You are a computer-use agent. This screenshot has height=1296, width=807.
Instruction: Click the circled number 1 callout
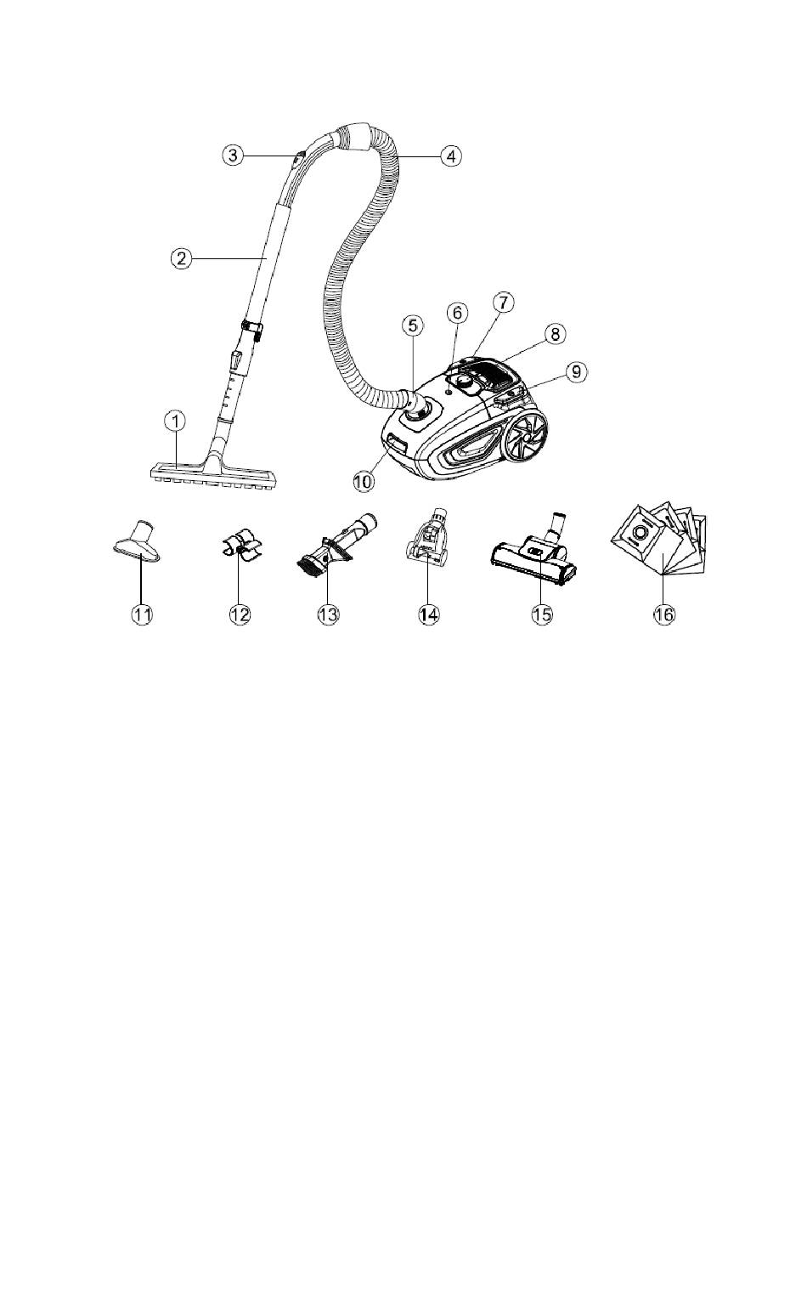click(x=174, y=422)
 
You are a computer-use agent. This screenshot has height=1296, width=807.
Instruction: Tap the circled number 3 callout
click(x=233, y=155)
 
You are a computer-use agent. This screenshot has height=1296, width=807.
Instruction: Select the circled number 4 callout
click(x=451, y=156)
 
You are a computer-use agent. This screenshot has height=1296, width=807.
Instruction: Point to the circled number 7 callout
click(x=503, y=302)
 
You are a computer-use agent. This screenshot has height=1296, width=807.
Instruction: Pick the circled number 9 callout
click(x=576, y=372)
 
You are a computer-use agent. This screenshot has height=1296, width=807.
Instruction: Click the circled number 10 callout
click(x=364, y=482)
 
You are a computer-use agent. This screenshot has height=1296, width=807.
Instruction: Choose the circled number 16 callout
click(x=664, y=614)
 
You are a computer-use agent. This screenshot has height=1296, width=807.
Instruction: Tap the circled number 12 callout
click(x=240, y=614)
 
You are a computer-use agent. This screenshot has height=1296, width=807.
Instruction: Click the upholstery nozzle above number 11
click(x=137, y=542)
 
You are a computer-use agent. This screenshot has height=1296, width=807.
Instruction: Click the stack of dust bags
click(x=659, y=537)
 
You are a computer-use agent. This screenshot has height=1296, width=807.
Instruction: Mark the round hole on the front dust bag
click(x=641, y=531)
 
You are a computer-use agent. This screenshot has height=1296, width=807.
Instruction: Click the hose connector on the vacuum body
click(x=415, y=409)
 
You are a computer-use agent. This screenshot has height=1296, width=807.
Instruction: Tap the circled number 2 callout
click(x=181, y=258)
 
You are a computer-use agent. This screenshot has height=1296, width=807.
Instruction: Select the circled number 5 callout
click(x=413, y=325)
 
